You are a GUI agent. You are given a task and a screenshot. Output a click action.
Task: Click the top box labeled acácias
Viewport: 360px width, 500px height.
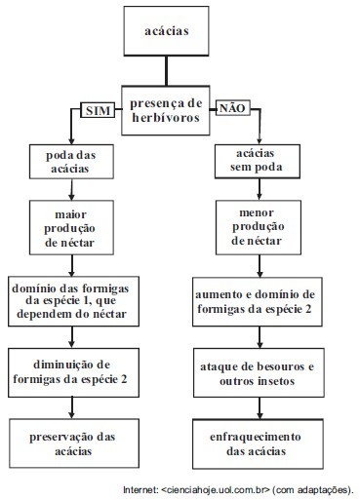(166, 31)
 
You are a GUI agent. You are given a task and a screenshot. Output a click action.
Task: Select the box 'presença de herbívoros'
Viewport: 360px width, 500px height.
(166, 110)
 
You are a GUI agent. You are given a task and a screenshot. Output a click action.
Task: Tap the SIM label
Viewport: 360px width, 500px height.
(98, 110)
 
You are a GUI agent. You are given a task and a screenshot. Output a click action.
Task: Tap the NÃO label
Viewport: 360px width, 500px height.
(233, 108)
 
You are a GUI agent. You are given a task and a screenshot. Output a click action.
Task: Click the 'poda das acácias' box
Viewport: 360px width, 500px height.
(71, 162)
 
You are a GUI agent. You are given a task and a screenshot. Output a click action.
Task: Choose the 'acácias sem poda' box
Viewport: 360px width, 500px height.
(258, 162)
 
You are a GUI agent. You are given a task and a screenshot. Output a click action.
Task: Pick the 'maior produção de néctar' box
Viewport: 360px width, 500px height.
(71, 227)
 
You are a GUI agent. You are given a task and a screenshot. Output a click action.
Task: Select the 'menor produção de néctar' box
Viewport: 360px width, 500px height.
(259, 227)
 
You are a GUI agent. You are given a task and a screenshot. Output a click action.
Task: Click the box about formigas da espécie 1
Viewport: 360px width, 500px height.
(73, 301)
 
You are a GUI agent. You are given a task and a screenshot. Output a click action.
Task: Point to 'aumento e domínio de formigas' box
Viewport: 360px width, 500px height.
(258, 302)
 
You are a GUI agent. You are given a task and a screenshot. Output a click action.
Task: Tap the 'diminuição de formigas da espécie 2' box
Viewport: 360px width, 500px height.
(73, 372)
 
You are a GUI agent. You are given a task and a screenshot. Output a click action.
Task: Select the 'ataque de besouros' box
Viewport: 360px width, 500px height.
(259, 372)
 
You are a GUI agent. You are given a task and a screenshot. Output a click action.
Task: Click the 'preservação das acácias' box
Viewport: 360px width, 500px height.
(74, 443)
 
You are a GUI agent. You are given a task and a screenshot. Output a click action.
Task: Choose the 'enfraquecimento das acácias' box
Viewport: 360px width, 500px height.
(258, 443)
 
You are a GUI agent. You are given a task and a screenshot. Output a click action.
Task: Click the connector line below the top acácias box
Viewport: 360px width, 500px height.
(166, 71)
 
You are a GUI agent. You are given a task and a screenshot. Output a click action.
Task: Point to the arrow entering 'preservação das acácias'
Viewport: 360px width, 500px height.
(72, 408)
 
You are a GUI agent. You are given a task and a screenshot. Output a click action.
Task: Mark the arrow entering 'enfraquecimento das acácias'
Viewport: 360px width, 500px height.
(260, 408)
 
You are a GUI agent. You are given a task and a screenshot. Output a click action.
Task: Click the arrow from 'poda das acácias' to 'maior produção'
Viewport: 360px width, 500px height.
(71, 190)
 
